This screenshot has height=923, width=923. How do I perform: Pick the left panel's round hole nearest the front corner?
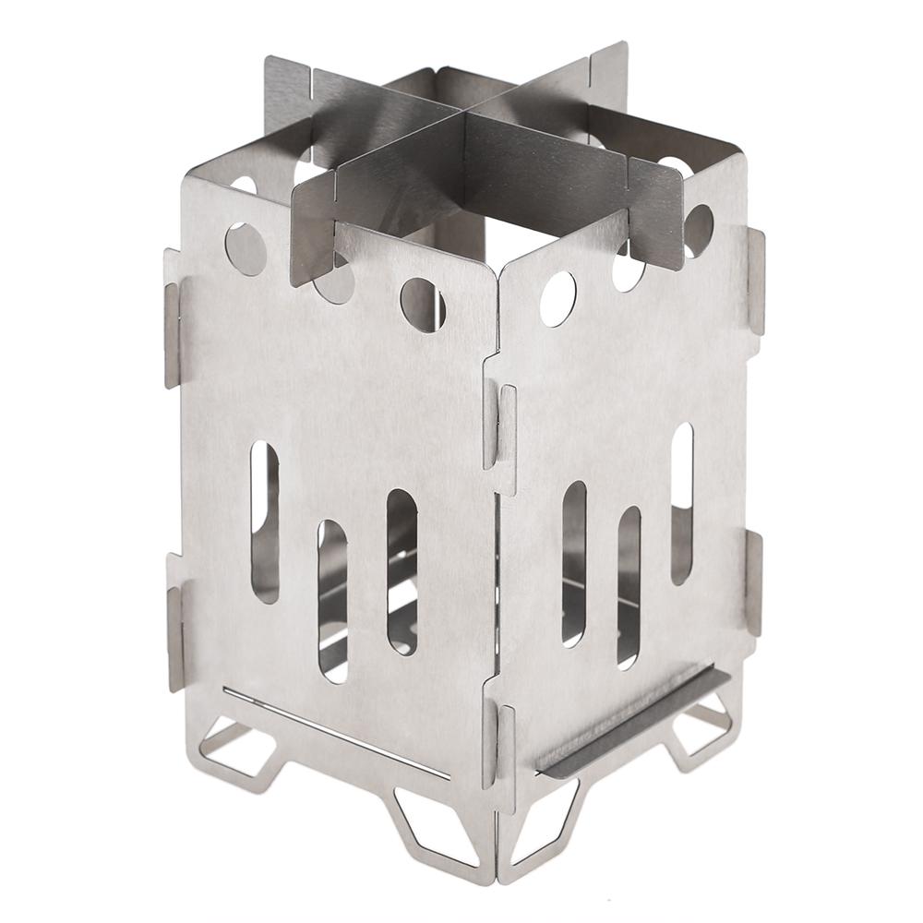423,304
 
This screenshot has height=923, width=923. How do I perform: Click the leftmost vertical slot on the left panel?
265,521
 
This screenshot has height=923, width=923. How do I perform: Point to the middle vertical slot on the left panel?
332,601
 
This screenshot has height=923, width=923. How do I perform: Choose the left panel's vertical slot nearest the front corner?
402,572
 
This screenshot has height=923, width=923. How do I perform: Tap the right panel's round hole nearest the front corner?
557,299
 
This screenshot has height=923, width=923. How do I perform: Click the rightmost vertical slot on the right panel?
682,503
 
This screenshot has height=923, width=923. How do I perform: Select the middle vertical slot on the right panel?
629,586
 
